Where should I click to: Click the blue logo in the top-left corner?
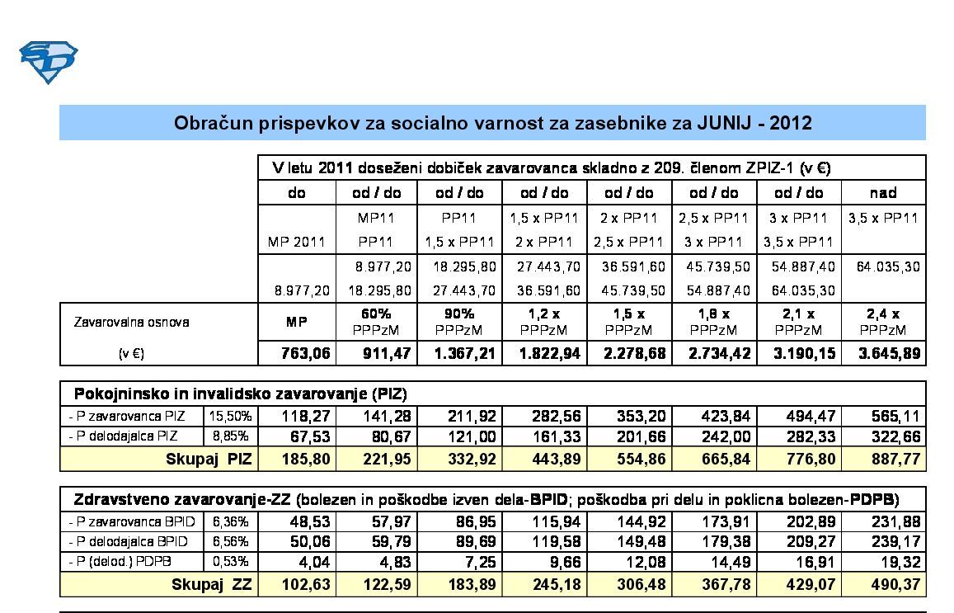pos(48,63)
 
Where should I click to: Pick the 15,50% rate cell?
pos(232,416)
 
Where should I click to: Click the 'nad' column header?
pos(883,193)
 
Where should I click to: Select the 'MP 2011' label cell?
pos(297,243)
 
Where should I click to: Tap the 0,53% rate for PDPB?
pos(232,563)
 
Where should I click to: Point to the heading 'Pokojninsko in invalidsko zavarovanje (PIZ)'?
pos(241,394)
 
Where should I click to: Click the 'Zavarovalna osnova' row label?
pos(132,322)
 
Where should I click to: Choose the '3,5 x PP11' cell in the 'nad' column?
pos(883,219)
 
